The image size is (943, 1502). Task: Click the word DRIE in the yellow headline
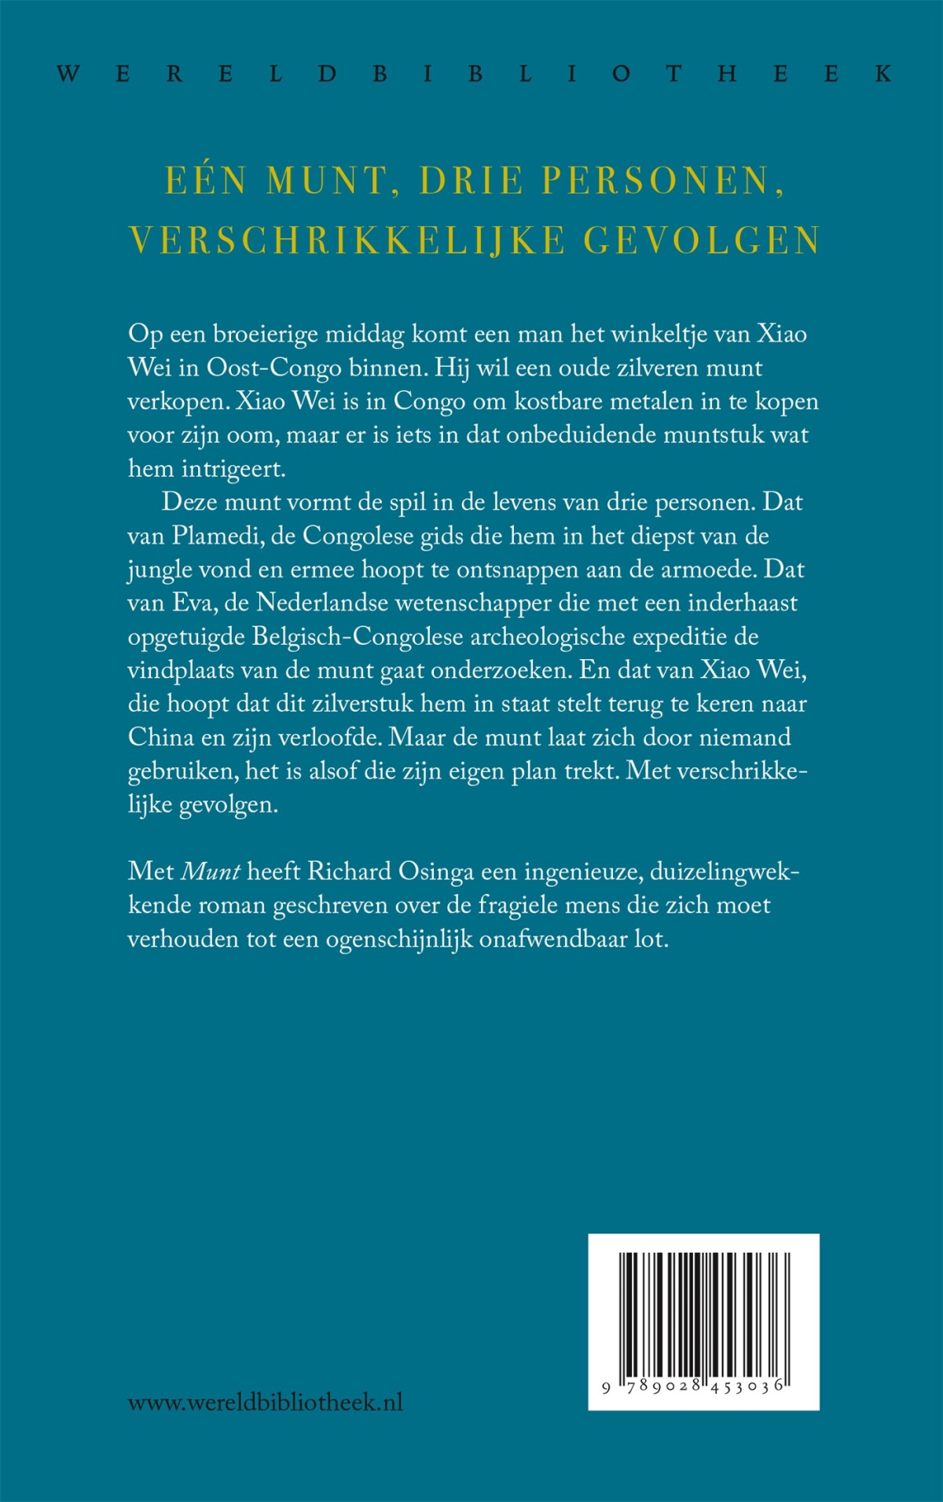click(472, 181)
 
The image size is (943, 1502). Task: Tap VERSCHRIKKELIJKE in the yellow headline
click(347, 240)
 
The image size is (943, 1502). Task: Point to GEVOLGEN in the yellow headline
click(702, 240)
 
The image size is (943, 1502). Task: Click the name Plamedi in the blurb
click(217, 536)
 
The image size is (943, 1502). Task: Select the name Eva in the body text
click(189, 603)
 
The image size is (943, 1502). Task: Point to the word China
click(160, 737)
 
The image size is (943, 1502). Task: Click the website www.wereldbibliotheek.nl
click(265, 1402)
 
